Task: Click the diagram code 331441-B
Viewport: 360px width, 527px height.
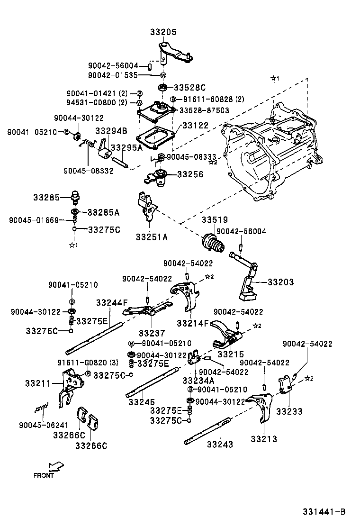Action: coord(324,512)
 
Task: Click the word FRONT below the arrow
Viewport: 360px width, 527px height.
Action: coord(44,475)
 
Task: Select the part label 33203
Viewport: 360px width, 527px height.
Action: coord(280,282)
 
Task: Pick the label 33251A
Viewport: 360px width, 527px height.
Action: coord(152,237)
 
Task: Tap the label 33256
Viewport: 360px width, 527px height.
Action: coord(190,174)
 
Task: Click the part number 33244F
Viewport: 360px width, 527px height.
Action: coord(112,302)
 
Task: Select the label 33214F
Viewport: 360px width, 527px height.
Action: coord(193,323)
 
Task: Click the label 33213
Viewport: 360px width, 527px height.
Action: coord(264,439)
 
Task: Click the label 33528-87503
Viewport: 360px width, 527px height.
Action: coord(204,110)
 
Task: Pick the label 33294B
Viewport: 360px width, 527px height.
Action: coord(111,131)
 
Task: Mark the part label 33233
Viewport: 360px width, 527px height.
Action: coord(289,412)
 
